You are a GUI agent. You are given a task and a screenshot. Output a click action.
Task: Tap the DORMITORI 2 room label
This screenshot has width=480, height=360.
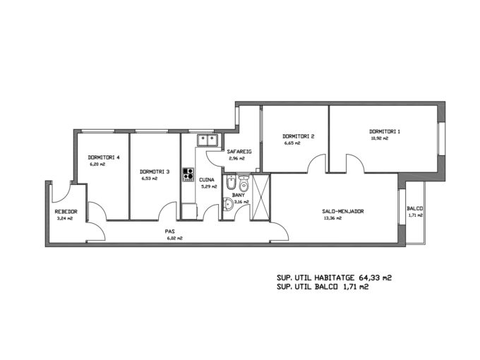(298, 136)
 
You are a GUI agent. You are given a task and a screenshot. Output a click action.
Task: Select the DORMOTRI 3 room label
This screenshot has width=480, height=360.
(155, 172)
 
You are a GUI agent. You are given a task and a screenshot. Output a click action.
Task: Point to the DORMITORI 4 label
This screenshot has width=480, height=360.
(104, 157)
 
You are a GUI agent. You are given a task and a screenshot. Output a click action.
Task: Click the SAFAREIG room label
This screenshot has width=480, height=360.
(239, 152)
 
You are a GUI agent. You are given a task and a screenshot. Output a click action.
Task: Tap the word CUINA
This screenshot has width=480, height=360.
(207, 180)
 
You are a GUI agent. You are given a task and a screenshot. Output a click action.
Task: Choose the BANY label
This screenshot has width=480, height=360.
(239, 195)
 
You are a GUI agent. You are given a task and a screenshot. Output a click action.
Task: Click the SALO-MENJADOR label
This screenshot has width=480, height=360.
(343, 211)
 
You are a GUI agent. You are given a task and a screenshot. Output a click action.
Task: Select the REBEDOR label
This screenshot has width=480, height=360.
(66, 212)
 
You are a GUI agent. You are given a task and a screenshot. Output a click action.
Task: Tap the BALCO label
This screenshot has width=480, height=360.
(415, 209)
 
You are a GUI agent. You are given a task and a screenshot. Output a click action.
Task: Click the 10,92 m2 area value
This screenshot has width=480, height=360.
(379, 138)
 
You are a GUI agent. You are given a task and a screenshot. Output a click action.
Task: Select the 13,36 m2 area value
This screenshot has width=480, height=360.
(332, 218)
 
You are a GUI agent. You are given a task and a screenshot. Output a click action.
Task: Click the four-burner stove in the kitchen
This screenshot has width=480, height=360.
(188, 174)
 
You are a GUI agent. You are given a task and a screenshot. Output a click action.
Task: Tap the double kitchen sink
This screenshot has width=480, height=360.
(208, 140)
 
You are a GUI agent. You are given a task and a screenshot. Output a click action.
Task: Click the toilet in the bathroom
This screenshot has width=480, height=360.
(244, 183)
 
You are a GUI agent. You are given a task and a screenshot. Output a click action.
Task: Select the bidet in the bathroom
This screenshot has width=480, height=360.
(230, 183)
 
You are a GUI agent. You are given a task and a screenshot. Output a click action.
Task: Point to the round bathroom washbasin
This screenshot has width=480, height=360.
(228, 204)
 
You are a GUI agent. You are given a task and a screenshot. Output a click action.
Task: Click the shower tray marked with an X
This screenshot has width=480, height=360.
(260, 196)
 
